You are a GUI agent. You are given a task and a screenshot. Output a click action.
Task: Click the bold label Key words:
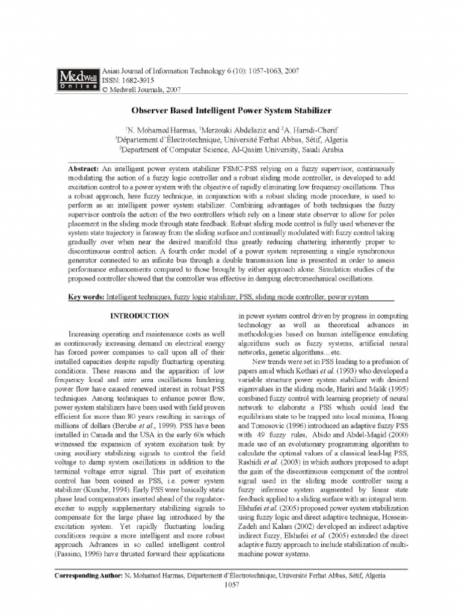pos(85,297)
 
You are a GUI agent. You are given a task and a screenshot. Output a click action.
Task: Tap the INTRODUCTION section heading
pos(138,315)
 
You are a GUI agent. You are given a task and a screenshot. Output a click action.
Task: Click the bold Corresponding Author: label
pos(89,576)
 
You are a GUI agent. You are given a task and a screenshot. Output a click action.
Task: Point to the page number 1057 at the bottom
pos(232,585)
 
